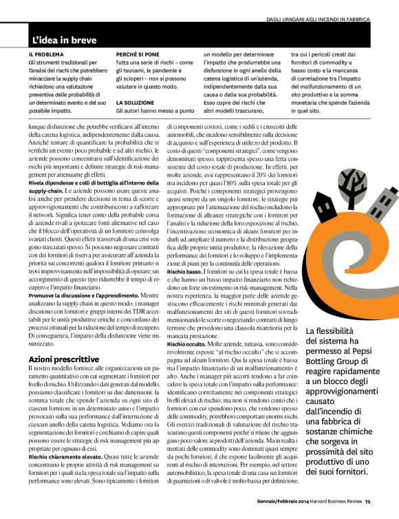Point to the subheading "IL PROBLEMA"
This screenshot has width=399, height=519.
pyautogui.click(x=45, y=54)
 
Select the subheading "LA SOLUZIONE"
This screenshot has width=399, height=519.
pyautogui.click(x=133, y=101)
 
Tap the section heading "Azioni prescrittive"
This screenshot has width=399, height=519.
pyautogui.click(x=65, y=359)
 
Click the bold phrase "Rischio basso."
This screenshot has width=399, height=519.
pyautogui.click(x=185, y=272)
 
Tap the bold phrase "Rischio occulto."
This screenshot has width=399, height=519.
pyautogui.click(x=188, y=343)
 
